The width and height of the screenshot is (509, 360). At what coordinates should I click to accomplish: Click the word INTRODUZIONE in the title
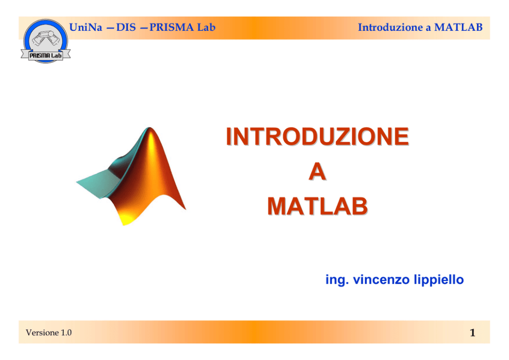pyautogui.click(x=317, y=137)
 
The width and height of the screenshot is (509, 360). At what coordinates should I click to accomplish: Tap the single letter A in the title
pyautogui.click(x=317, y=172)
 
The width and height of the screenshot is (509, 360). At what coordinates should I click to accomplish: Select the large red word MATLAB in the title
pyautogui.click(x=317, y=206)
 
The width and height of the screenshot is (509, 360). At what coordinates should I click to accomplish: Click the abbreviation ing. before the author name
pyautogui.click(x=337, y=280)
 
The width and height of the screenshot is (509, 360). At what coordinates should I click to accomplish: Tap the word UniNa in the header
pyautogui.click(x=86, y=27)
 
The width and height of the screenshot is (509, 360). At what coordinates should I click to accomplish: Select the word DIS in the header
pyautogui.click(x=126, y=27)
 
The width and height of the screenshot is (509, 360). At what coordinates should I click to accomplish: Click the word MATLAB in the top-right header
pyautogui.click(x=458, y=27)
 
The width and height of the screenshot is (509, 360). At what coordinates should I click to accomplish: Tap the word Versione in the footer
pyautogui.click(x=42, y=332)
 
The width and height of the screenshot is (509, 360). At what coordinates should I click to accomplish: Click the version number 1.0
pyautogui.click(x=66, y=332)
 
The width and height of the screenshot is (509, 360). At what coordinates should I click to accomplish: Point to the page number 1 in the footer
pyautogui.click(x=473, y=333)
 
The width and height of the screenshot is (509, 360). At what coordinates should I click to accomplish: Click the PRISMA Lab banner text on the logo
pyautogui.click(x=46, y=55)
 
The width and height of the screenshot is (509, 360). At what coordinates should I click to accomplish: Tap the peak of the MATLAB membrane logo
pyautogui.click(x=149, y=128)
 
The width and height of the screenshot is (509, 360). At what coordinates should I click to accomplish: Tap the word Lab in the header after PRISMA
pyautogui.click(x=206, y=27)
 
